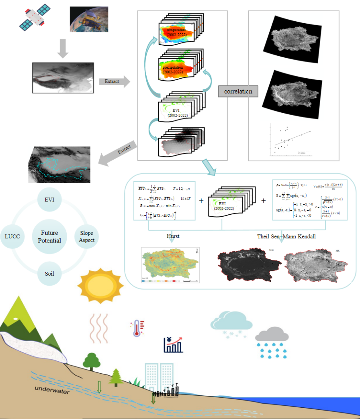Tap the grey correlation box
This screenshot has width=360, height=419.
tap(238, 92)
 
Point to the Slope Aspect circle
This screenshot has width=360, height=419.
tap(87, 237)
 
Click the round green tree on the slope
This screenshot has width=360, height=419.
tap(92, 360)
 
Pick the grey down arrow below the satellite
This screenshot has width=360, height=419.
tap(61, 49)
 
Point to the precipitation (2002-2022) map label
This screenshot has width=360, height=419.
tap(173, 70)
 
